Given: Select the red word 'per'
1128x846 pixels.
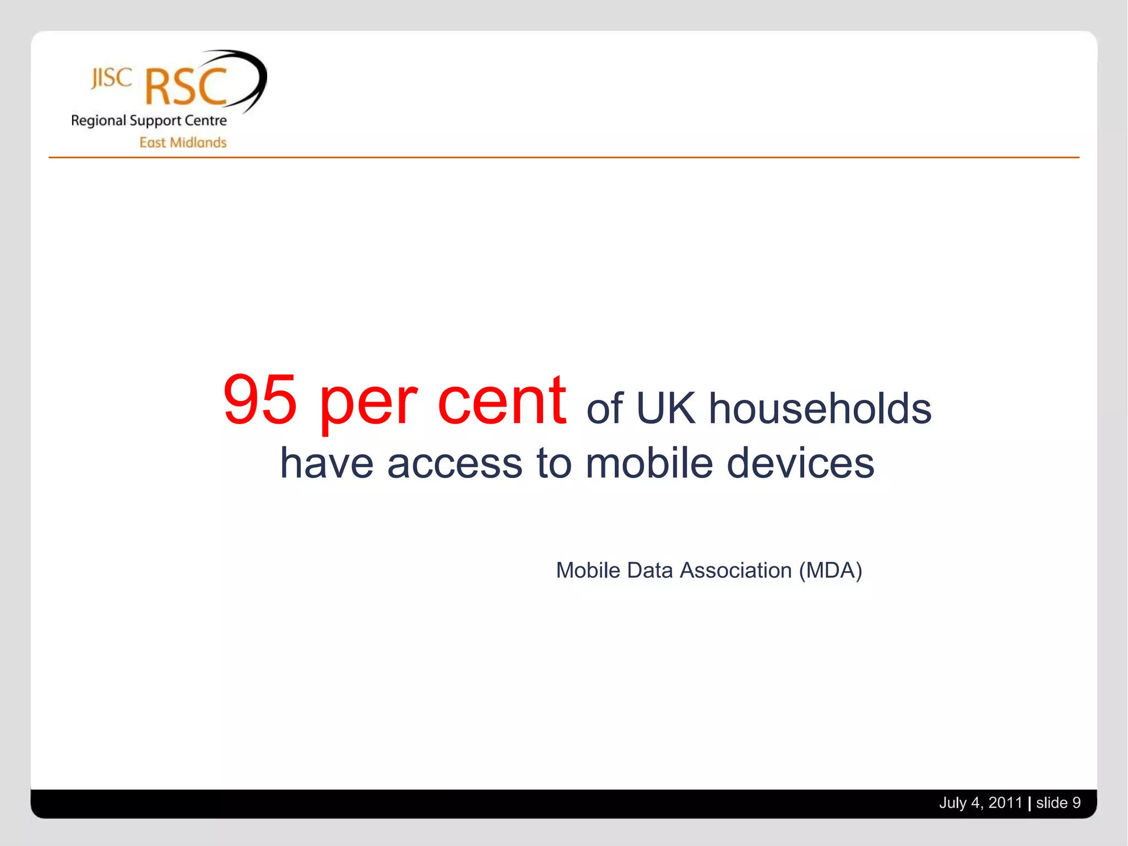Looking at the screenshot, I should (368, 405).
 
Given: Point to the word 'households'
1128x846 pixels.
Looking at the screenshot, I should (820, 409).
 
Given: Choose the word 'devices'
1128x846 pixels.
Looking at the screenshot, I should (800, 463).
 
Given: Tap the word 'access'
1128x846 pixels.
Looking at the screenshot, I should (454, 464).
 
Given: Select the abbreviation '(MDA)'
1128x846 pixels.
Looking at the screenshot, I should (831, 571).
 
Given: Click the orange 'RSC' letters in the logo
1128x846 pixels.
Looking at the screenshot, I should (186, 87).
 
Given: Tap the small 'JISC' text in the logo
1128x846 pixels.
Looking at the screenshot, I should (111, 78).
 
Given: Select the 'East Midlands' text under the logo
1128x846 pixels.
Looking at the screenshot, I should (183, 143).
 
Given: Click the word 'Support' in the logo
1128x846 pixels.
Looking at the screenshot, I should (155, 121).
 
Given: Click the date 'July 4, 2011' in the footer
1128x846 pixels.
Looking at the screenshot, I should (980, 802).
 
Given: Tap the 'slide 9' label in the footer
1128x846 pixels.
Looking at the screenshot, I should (1058, 802).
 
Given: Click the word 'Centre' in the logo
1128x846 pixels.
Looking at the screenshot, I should (205, 121).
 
